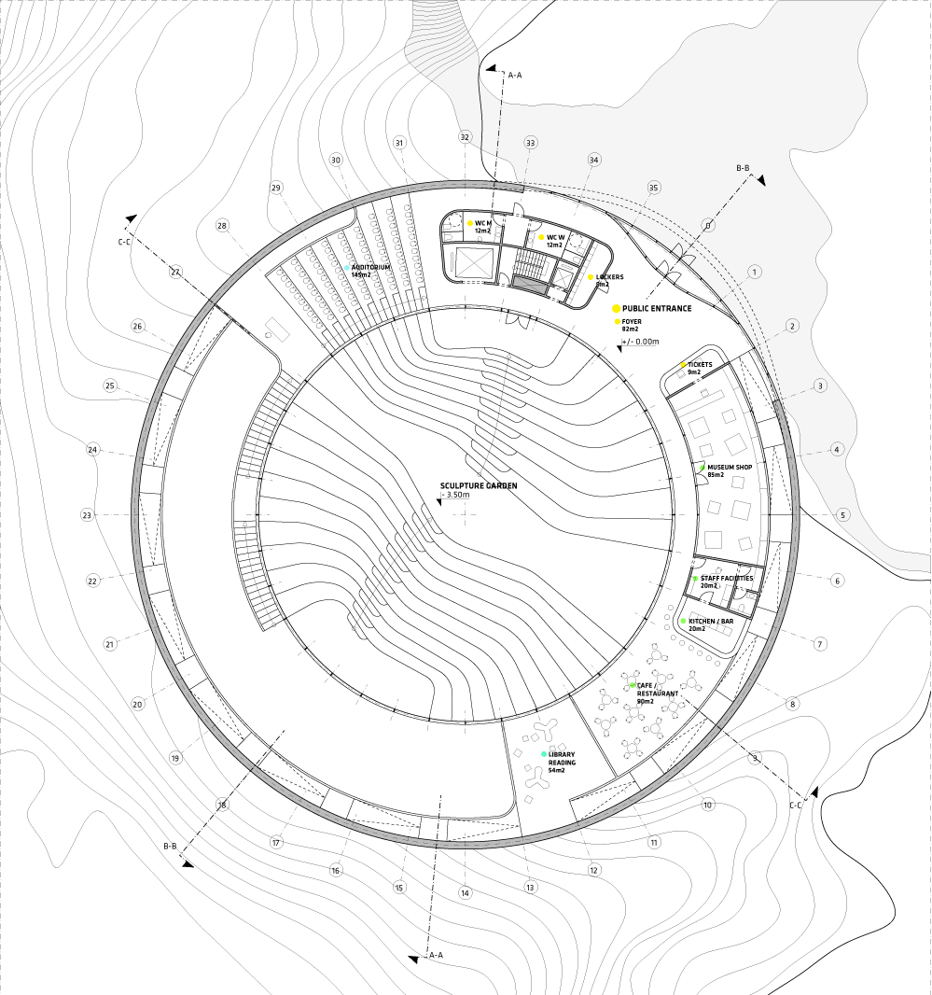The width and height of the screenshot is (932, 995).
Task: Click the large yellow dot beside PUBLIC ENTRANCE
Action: click(616, 308)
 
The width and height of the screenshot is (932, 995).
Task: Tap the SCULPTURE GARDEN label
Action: click(479, 485)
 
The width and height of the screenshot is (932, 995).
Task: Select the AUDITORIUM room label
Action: click(370, 268)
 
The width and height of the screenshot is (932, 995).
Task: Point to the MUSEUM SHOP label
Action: click(730, 467)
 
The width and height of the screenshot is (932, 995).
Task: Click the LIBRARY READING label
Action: click(562, 758)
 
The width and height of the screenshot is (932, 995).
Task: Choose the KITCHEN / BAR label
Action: click(711, 622)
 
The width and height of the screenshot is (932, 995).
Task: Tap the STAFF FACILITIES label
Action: click(727, 578)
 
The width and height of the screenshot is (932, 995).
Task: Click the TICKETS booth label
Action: click(700, 365)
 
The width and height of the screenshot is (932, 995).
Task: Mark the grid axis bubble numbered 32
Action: click(465, 137)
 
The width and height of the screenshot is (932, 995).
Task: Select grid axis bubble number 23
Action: click(87, 515)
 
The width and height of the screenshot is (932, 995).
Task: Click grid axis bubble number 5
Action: click(843, 514)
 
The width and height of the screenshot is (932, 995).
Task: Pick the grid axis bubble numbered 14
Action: click(465, 893)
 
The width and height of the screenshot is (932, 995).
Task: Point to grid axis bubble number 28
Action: click(221, 225)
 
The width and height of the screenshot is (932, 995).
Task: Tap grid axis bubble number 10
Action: click(707, 805)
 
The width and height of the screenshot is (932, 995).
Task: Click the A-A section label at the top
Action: click(515, 75)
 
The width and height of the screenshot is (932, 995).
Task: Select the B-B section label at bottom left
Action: click(170, 846)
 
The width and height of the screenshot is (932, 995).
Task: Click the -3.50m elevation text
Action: click(457, 495)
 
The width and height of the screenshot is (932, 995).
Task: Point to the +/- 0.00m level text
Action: click(641, 342)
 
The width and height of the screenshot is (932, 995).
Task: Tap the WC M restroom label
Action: click(483, 223)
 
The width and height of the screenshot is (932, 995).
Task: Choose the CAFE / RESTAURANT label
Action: click(658, 690)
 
